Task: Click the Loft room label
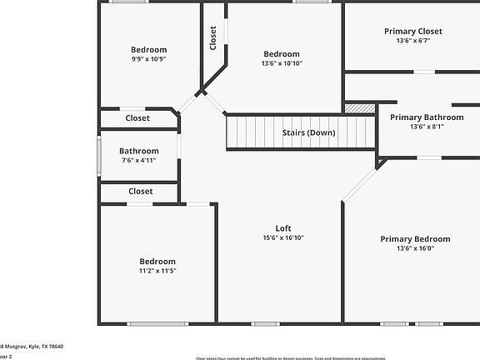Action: [x=283, y=228]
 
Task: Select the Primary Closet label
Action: [x=412, y=32]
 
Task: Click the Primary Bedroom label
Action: [x=415, y=238]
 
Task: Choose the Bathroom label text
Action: [x=138, y=151]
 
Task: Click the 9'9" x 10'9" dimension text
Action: [x=148, y=59]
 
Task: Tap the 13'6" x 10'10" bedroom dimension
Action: [x=282, y=63]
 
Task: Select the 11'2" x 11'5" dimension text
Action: [x=157, y=271]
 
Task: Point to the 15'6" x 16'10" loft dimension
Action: [x=283, y=237]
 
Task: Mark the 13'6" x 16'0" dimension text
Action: [x=415, y=247]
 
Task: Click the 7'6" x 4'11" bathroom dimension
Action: [x=138, y=160]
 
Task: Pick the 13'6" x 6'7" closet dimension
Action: [x=412, y=41]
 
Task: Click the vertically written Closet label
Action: [x=213, y=37]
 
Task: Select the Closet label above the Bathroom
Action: [x=138, y=118]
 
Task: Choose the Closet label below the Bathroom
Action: [x=140, y=192]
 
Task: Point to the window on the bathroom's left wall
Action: [x=98, y=155]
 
